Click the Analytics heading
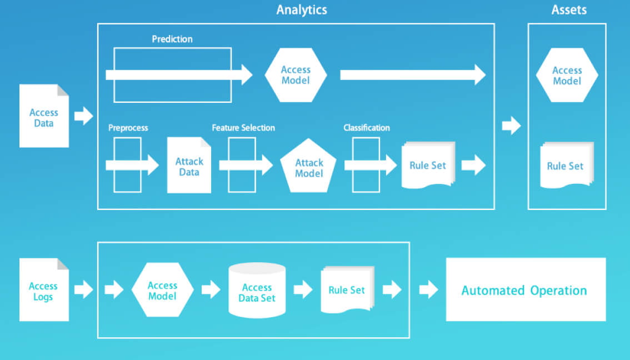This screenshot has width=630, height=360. pos(302,9)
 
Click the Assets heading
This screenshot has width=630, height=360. pos(569,9)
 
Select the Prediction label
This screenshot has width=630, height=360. pos(172,39)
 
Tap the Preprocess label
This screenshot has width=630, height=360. pos(128,128)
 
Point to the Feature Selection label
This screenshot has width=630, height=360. pos(243,128)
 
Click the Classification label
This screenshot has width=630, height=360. pos(367,128)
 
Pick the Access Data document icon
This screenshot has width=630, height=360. pos(44,116)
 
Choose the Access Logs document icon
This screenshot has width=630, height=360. pos(44,289)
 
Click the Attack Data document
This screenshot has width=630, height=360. pos(189,165)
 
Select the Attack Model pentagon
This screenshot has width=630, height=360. pos(308,166)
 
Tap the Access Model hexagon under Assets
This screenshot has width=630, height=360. pos(567,75)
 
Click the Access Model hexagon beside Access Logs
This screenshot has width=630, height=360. pos(162,289)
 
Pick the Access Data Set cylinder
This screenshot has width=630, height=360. pos(257,290)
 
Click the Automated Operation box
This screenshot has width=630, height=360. pos(526,289)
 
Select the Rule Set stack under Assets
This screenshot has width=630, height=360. pos(567,165)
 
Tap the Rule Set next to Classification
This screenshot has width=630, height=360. pos(428,165)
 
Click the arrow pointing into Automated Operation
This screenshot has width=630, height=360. pos(429,289)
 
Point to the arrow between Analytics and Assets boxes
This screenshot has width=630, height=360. pos(512,126)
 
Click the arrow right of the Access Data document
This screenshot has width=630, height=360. pos(83,116)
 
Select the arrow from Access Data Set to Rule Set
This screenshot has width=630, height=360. pos(303,289)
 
